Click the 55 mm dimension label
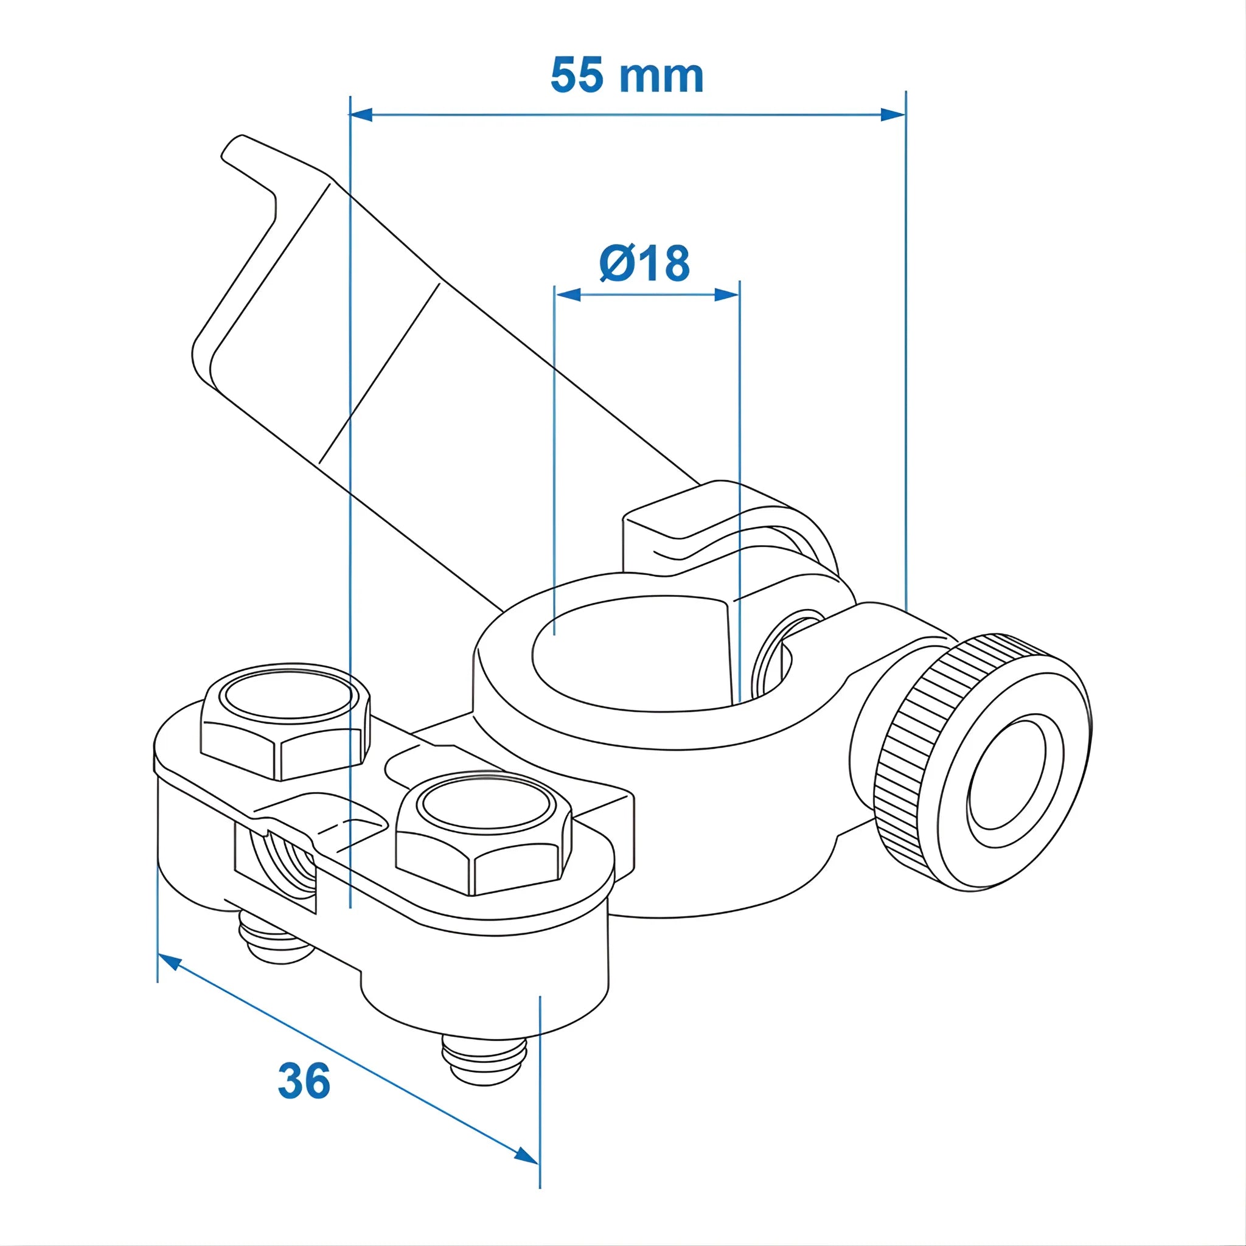coord(626,76)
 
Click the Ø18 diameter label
coord(644,263)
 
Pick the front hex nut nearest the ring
coord(483,836)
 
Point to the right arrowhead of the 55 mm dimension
coord(893,115)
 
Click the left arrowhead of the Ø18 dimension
coord(568,295)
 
